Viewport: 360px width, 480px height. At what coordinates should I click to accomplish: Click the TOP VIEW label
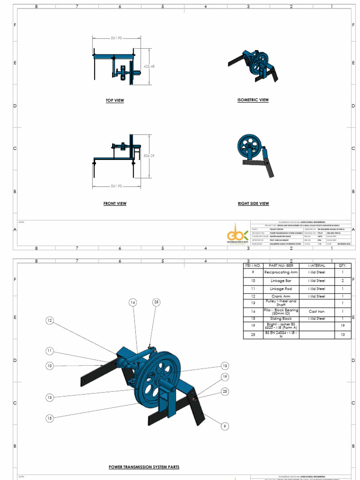115,100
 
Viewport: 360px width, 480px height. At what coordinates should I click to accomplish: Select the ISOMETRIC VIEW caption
253,100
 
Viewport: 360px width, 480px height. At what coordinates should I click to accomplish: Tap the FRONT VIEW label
115,203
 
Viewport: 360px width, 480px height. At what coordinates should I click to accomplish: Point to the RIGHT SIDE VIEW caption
253,203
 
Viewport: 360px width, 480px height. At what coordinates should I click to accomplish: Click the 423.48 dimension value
149,66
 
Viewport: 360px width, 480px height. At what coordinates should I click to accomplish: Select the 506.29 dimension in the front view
149,156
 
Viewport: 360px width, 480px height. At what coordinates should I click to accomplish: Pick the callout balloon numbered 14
133,303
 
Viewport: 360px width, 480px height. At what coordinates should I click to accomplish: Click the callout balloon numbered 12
50,321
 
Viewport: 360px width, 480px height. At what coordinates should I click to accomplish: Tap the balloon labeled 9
225,426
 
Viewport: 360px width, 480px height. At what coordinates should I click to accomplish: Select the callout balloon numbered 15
50,418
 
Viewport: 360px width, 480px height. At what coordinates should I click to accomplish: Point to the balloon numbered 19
225,376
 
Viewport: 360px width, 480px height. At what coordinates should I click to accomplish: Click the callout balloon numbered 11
50,351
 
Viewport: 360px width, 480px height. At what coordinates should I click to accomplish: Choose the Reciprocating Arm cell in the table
281,272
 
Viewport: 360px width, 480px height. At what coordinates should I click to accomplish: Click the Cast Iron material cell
316,311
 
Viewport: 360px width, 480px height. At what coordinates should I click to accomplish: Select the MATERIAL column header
316,265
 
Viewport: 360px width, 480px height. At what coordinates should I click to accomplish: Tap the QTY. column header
342,265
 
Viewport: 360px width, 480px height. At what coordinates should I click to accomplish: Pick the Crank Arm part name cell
281,296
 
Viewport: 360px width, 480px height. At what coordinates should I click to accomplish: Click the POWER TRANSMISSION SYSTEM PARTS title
144,467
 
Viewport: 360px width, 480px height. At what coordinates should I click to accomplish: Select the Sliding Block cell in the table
281,318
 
